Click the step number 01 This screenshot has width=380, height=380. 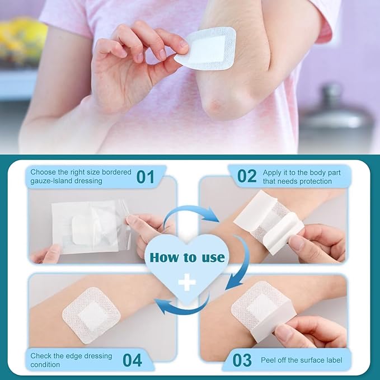pos(145,177)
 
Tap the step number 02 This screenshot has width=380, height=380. pos(247,176)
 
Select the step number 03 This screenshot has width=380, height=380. pos(242,360)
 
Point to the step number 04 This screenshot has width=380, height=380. pos(132,360)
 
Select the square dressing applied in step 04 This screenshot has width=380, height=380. pos(91,316)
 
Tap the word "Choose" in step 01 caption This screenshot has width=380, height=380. pos(43,172)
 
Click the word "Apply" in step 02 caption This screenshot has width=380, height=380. pos(272,172)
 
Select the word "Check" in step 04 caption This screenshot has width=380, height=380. pos(42,356)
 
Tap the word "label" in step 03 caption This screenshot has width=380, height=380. pos(333,360)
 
